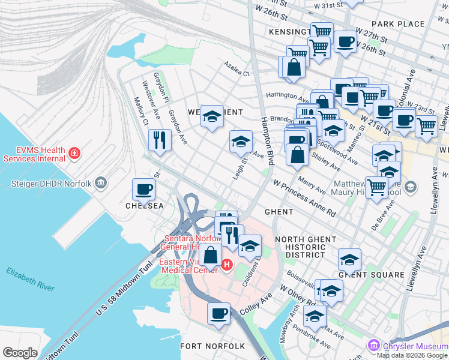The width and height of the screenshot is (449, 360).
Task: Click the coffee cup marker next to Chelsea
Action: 144,190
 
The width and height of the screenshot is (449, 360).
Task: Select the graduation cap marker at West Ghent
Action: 212,116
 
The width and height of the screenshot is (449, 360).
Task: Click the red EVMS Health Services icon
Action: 74,154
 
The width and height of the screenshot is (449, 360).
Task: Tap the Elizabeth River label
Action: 31,280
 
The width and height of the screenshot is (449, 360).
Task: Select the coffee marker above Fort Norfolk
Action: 219,313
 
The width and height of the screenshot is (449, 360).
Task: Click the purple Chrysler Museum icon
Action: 374,345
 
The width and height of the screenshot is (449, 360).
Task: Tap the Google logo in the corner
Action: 20,353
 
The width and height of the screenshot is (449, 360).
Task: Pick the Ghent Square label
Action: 371,275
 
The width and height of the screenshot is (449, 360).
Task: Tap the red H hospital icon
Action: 227,265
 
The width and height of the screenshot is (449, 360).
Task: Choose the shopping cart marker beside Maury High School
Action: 377,187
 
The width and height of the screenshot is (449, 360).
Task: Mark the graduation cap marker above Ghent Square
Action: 349,259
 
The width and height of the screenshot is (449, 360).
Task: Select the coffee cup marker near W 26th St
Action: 345,41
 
